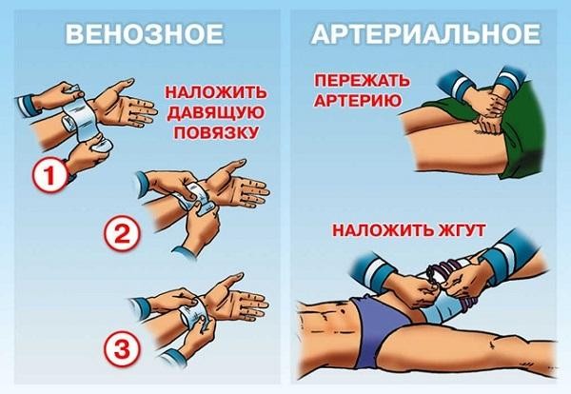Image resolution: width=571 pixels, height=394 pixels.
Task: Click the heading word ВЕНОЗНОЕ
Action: point(143,35)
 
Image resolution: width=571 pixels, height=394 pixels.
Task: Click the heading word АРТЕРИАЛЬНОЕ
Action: point(425,35)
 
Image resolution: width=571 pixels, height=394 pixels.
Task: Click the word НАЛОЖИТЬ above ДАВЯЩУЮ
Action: point(211,93)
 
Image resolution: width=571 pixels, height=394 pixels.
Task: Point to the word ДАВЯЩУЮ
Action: point(211,113)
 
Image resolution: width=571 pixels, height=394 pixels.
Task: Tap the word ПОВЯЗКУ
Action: point(211,133)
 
